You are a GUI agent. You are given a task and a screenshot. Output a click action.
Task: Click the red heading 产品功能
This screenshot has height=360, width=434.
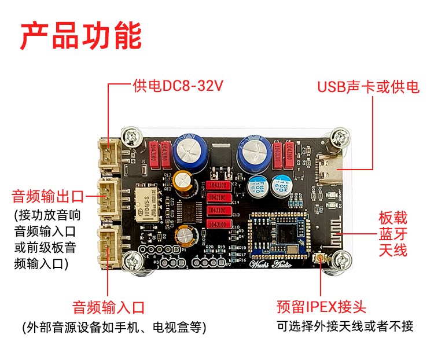(81, 36)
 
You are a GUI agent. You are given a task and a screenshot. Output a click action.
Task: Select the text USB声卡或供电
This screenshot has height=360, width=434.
(368, 87)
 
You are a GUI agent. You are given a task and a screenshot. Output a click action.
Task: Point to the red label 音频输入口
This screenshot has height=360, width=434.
(108, 307)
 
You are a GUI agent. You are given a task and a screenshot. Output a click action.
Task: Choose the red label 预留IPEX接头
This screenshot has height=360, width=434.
(321, 307)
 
